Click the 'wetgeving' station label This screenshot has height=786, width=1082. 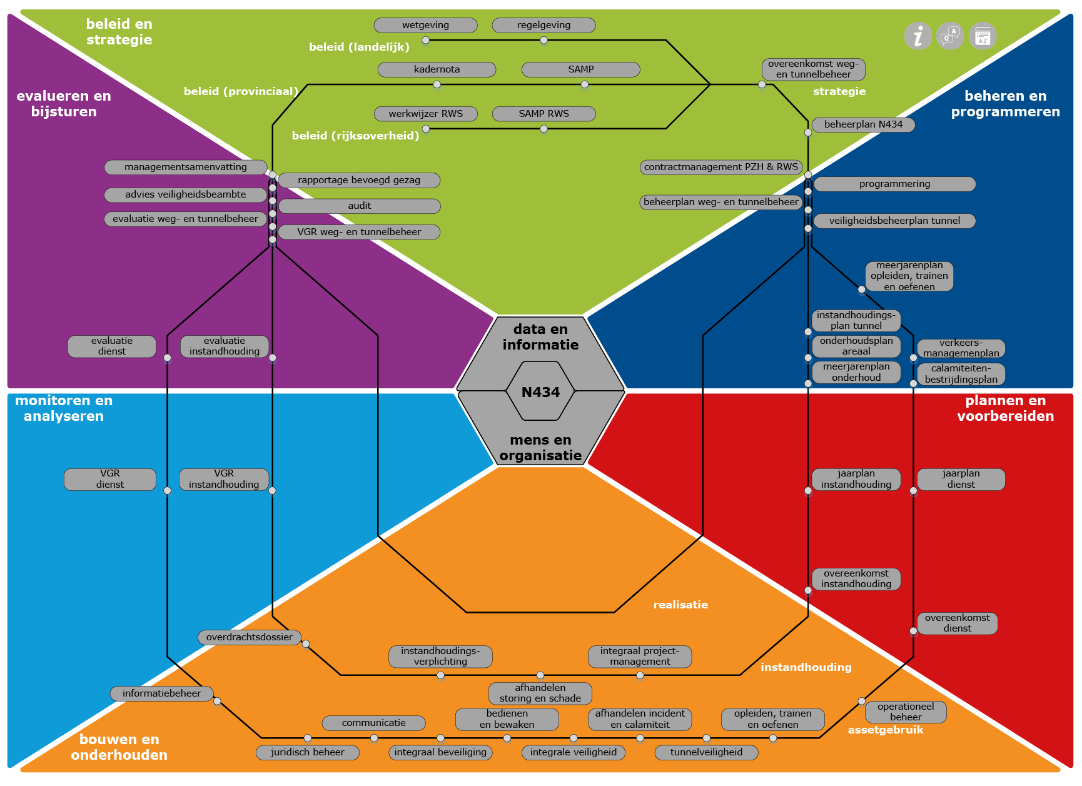click(425, 25)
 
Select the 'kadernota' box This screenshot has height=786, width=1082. click(437, 69)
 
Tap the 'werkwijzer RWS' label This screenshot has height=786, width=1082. click(425, 114)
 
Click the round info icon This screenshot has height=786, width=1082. click(918, 36)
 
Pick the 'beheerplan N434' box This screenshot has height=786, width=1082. click(863, 124)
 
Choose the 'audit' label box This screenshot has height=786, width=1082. click(359, 206)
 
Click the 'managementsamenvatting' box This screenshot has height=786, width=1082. click(185, 167)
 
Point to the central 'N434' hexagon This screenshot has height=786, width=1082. click(540, 392)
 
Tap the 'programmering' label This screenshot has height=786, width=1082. click(894, 184)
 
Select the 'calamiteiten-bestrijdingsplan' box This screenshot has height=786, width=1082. click(961, 374)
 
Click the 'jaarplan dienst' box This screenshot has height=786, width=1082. click(961, 479)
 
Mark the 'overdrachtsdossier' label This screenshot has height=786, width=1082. click(249, 637)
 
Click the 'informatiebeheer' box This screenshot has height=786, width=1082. click(161, 693)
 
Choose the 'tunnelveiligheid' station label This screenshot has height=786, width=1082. click(706, 752)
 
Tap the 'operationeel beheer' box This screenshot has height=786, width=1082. click(905, 712)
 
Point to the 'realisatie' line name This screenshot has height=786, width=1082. click(680, 605)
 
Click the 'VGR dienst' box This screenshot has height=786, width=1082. click(110, 479)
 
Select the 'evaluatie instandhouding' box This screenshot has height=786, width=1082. click(224, 346)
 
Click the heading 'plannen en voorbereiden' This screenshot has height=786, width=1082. click(1005, 408)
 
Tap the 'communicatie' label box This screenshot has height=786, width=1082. click(373, 723)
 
